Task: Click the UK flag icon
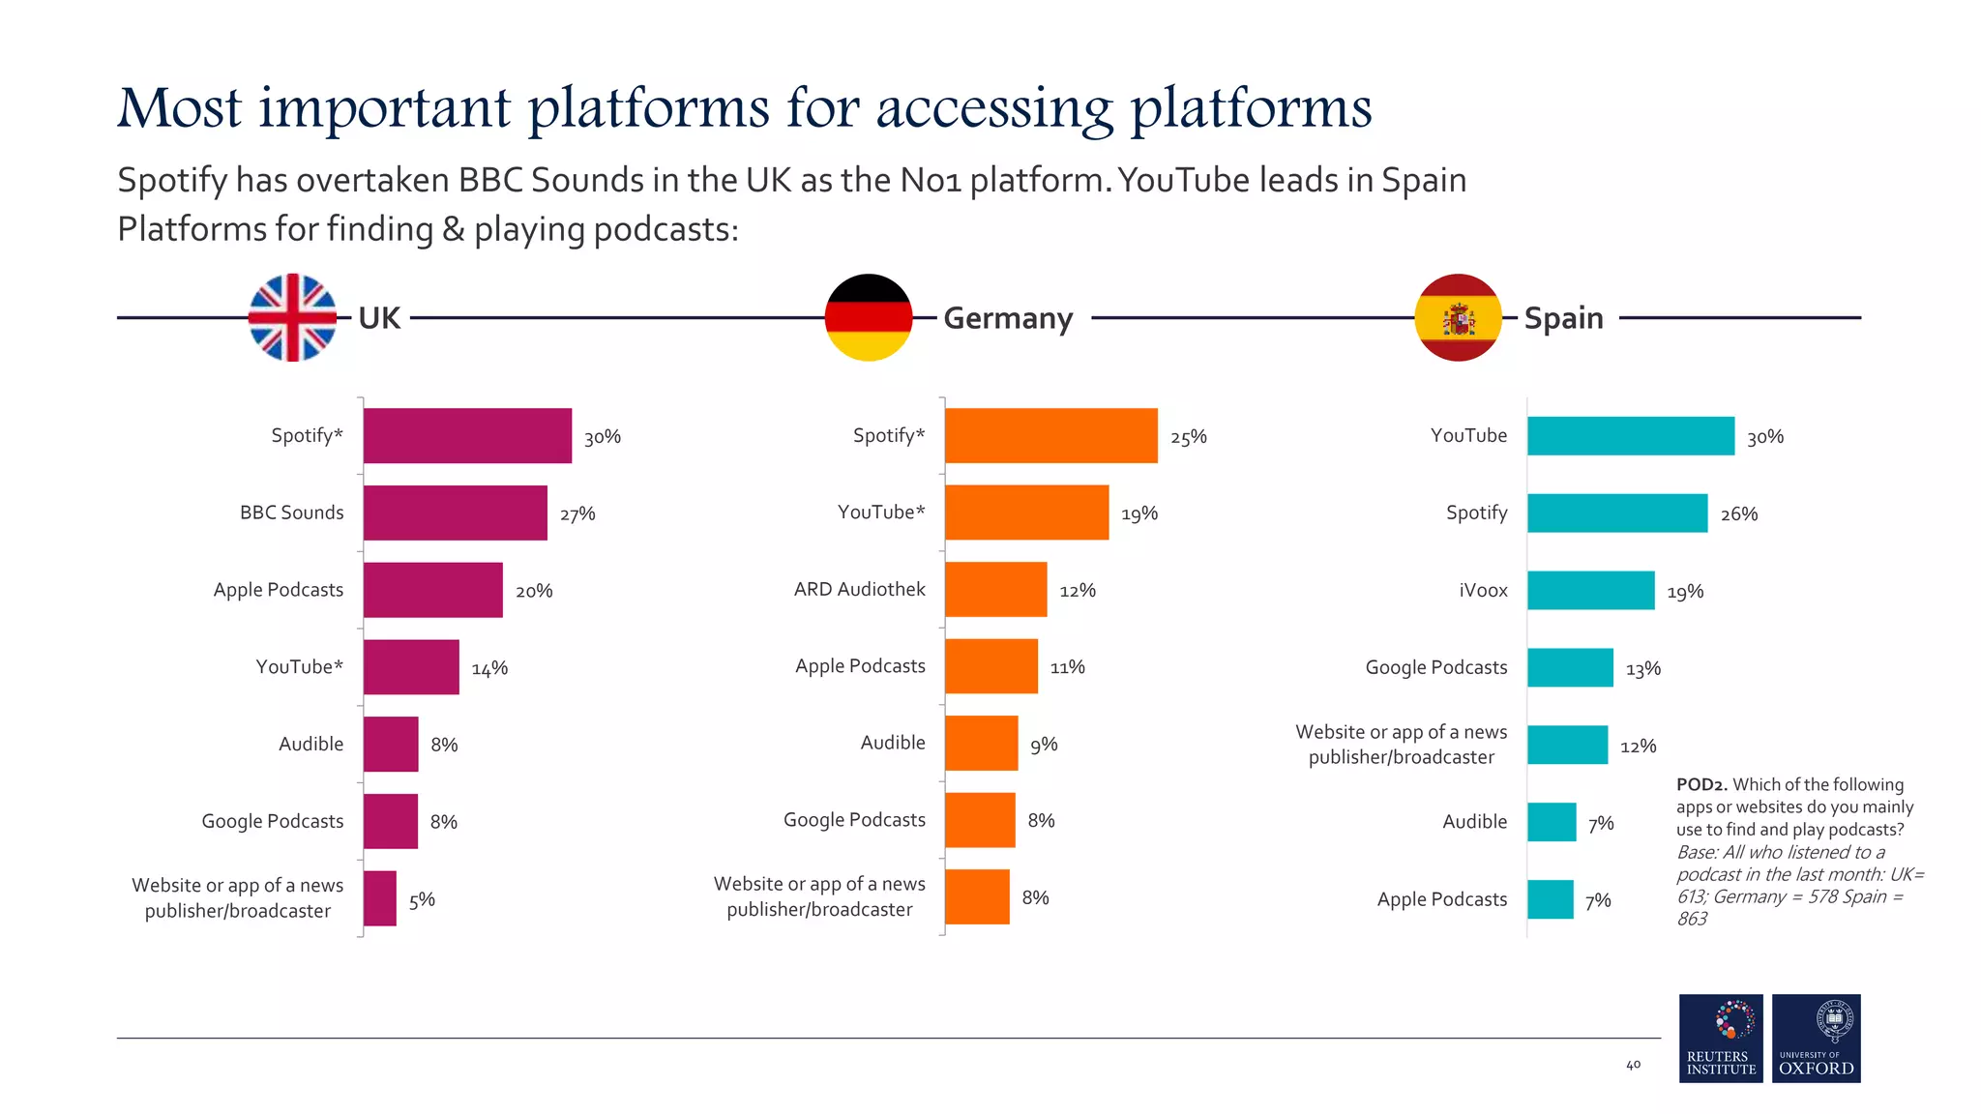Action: coord(292,317)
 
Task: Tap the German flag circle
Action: coord(868,317)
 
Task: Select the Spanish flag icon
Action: coord(1458,317)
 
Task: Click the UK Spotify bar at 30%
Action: coord(467,436)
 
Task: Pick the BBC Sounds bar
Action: coord(455,513)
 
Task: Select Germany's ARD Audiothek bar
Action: coord(995,589)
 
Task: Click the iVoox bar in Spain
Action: coord(1590,591)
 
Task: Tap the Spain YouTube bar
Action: coord(1630,436)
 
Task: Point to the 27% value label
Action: coord(577,514)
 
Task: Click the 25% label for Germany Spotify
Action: coord(1188,437)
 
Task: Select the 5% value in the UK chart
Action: coord(422,900)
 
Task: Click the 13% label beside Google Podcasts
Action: coord(1642,669)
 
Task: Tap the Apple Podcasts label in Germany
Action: coord(860,666)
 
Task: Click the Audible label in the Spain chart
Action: coord(1474,822)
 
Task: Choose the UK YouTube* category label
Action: coord(299,667)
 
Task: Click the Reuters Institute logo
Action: coord(1721,1038)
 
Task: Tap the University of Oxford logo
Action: coord(1816,1038)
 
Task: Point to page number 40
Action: coord(1633,1065)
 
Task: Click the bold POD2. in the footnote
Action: coord(1701,785)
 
